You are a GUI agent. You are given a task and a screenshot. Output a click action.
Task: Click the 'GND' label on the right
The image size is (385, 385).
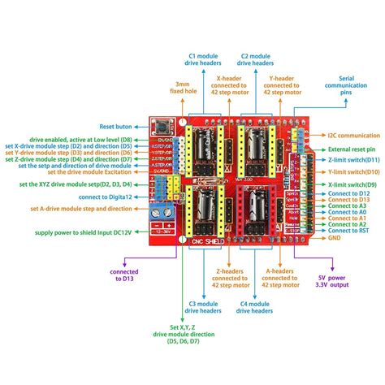(335, 238)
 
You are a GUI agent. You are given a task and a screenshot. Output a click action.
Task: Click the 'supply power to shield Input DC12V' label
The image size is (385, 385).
(80, 233)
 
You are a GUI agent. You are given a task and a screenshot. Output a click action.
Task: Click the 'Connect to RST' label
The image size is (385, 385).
(348, 230)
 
